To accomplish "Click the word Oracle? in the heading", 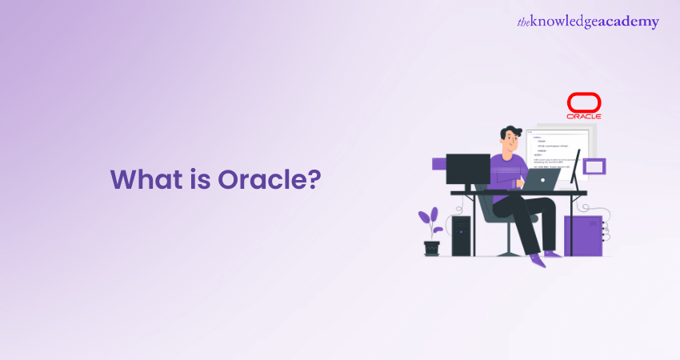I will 269,179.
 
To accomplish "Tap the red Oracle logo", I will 584,106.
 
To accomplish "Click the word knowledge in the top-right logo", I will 571,22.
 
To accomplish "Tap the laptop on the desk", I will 543,179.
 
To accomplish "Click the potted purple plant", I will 431,224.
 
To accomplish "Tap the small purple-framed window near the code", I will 594,166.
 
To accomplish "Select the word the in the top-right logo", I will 525,22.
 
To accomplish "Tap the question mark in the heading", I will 314,179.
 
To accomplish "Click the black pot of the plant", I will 432,248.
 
